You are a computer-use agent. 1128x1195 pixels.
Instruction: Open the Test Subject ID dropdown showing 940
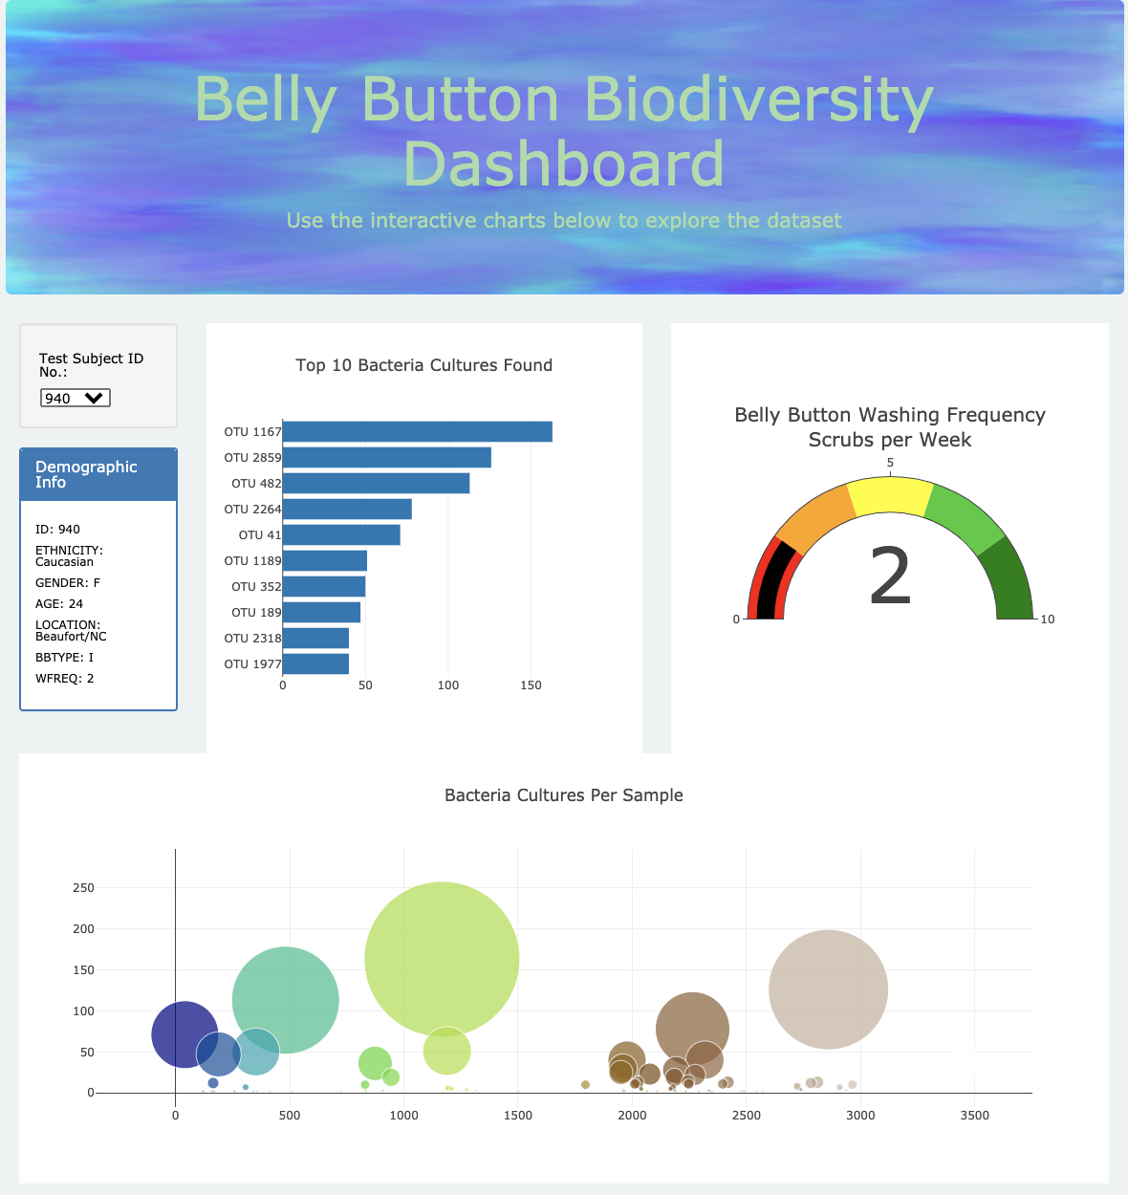pos(76,398)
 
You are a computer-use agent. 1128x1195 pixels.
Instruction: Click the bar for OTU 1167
pos(417,432)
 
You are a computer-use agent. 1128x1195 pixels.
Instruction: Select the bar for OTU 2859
pos(386,458)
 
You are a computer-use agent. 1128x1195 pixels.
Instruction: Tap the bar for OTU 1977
pos(315,663)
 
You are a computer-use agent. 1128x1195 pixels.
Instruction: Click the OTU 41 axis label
pos(260,535)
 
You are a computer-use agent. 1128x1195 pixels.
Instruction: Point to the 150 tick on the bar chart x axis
pos(531,685)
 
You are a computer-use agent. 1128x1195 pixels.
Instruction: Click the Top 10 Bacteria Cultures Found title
pos(423,365)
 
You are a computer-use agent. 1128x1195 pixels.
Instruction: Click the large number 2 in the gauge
pos(890,576)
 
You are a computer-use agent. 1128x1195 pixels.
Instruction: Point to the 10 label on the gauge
pos(1048,619)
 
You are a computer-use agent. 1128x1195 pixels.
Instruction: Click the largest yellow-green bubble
pos(442,958)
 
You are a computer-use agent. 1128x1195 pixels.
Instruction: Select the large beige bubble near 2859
pos(828,989)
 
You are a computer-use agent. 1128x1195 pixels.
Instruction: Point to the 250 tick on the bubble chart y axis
pos(84,888)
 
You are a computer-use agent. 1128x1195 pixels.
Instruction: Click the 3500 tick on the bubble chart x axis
pos(974,1116)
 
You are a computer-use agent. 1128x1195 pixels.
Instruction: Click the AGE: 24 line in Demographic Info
pos(59,604)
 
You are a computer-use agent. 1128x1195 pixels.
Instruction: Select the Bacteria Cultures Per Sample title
pos(564,795)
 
